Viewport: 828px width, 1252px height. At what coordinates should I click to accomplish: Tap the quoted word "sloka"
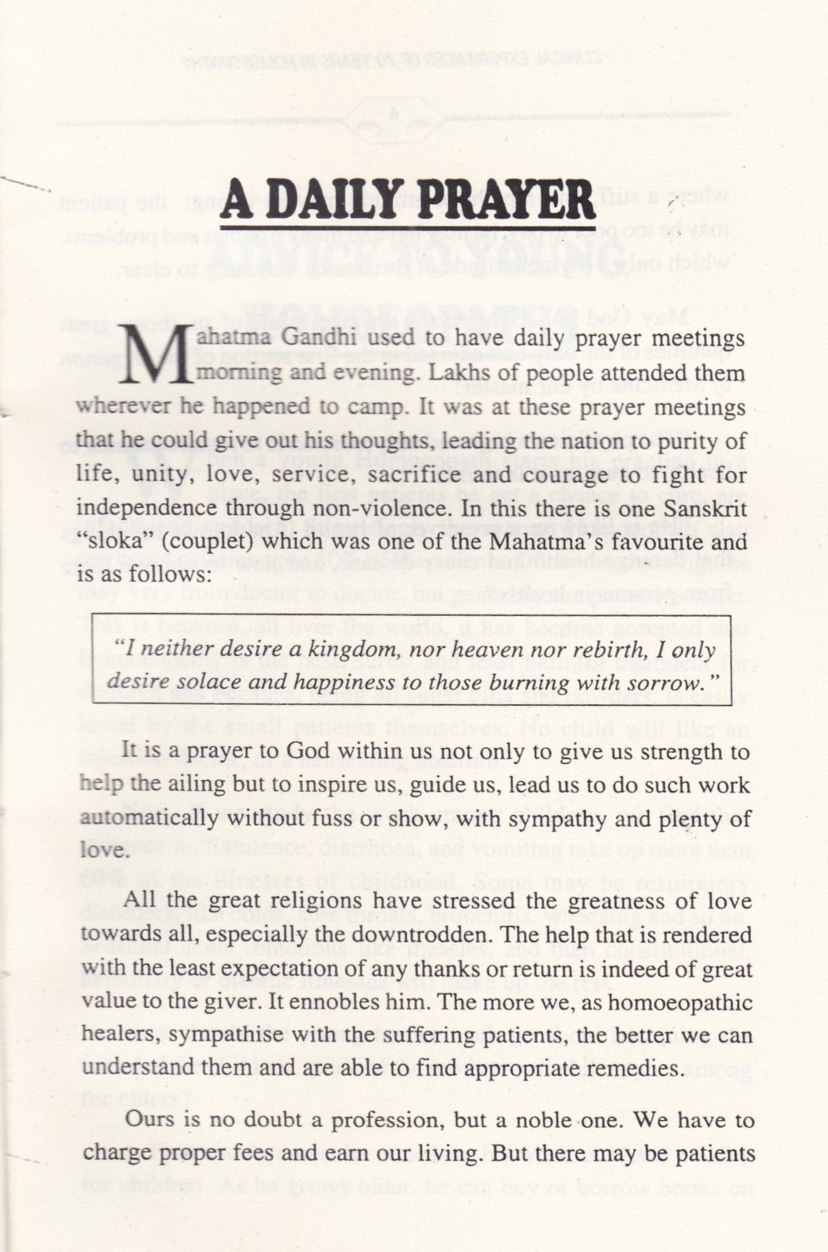105,542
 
